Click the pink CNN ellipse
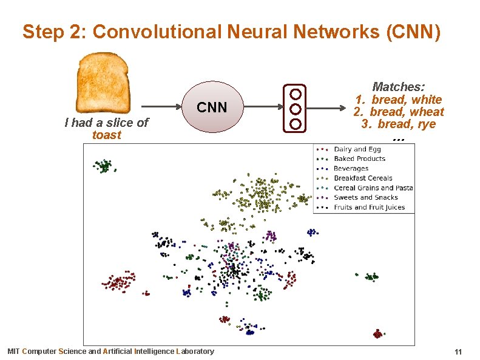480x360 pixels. [x=212, y=107]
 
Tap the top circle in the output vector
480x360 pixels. [x=296, y=94]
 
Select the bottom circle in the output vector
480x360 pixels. [x=296, y=124]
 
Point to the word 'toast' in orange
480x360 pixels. [x=107, y=135]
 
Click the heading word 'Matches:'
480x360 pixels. [x=398, y=87]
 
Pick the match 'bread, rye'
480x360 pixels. [x=406, y=124]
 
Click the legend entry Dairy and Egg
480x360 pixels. [x=357, y=149]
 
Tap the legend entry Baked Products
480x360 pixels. [x=359, y=159]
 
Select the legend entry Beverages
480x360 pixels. [x=351, y=169]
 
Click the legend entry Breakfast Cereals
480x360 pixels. [x=362, y=178]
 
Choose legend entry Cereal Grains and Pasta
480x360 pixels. [x=373, y=188]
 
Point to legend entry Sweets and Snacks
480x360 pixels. [x=366, y=198]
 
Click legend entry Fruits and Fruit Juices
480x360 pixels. [x=369, y=208]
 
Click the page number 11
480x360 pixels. [x=458, y=352]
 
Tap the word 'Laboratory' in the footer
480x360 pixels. [x=194, y=352]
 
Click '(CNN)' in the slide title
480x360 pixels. [x=413, y=32]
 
